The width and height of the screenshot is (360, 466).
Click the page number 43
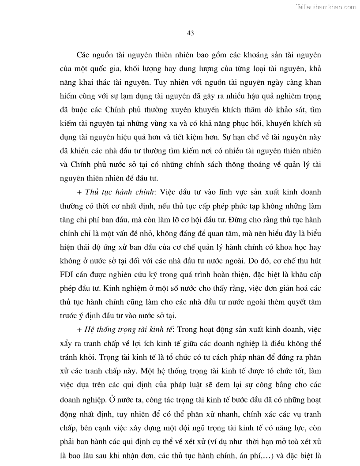tap(191, 33)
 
